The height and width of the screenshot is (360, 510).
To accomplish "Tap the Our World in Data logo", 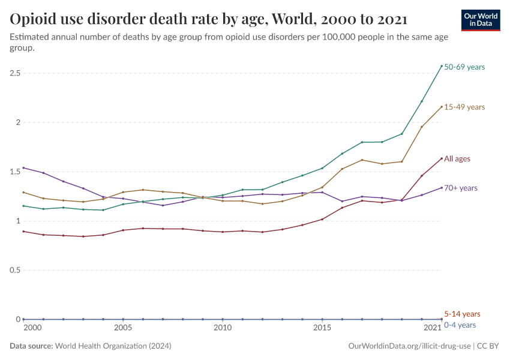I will [x=480, y=20].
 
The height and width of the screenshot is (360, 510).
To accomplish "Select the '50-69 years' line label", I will [x=464, y=67].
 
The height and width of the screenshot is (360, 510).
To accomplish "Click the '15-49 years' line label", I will [x=464, y=107].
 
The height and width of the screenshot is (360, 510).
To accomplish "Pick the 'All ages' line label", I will [x=457, y=159].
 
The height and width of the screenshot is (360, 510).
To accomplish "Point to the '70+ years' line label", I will [x=461, y=188].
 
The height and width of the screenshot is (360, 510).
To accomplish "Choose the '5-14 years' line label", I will [x=462, y=314].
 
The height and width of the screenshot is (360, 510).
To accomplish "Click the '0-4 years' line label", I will [x=461, y=325].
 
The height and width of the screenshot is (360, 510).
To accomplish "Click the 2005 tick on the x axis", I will [x=123, y=328].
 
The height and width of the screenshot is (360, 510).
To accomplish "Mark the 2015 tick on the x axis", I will [x=322, y=328].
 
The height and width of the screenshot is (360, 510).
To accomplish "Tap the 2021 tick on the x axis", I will [x=432, y=328].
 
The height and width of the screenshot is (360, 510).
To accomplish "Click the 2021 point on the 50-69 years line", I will [x=442, y=66].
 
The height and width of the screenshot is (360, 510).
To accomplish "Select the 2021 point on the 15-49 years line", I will [x=442, y=107].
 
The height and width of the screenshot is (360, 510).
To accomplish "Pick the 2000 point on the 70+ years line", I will [x=23, y=168].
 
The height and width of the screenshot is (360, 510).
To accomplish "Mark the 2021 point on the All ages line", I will [x=442, y=158].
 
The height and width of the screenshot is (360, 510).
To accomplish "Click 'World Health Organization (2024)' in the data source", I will [x=113, y=346].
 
